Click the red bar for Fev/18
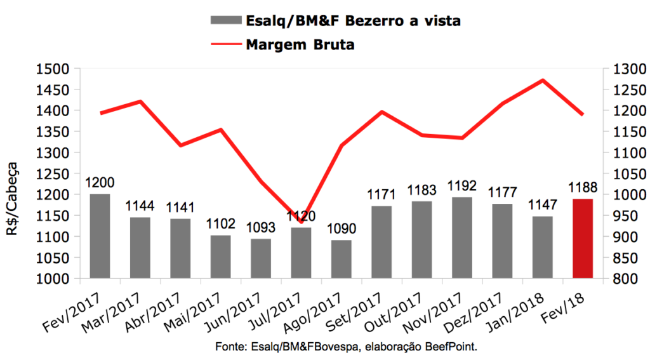[x=583, y=238]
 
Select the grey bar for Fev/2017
[x=100, y=236]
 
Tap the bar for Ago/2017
[x=341, y=258]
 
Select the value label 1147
[x=542, y=206]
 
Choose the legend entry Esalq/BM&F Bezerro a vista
[x=353, y=21]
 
